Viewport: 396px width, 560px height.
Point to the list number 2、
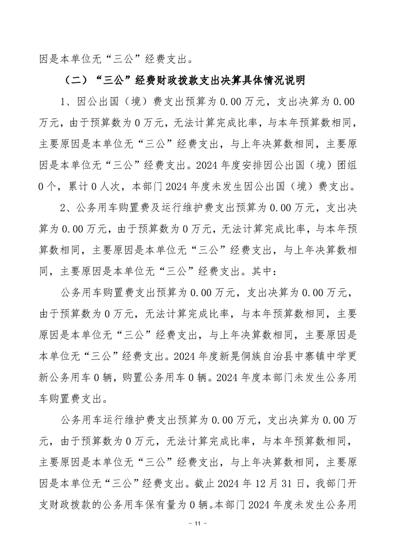[66, 206]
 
